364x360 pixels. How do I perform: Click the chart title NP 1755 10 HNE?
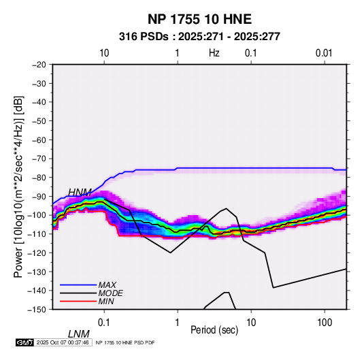click(199, 19)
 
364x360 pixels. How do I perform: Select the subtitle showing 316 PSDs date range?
click(199, 37)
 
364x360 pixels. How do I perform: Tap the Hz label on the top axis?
click(214, 53)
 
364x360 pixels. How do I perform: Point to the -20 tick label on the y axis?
click(39, 65)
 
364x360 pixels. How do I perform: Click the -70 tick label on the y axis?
click(39, 159)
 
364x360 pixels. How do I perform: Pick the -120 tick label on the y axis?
click(37, 252)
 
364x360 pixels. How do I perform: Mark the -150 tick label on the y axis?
click(37, 310)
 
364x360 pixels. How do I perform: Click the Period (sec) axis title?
click(214, 330)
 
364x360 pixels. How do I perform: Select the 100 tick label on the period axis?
click(325, 323)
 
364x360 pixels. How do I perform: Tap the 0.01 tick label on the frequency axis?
click(324, 53)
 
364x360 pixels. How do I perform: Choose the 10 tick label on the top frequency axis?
click(104, 53)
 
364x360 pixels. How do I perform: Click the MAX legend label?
click(107, 284)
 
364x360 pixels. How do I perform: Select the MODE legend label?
click(110, 293)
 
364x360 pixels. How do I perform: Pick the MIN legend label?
click(106, 301)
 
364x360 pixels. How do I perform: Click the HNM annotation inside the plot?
click(80, 193)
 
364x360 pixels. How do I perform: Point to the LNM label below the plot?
click(79, 334)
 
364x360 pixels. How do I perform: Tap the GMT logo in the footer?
click(24, 342)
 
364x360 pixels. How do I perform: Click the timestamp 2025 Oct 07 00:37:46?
click(63, 342)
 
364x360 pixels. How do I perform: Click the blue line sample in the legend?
click(78, 285)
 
